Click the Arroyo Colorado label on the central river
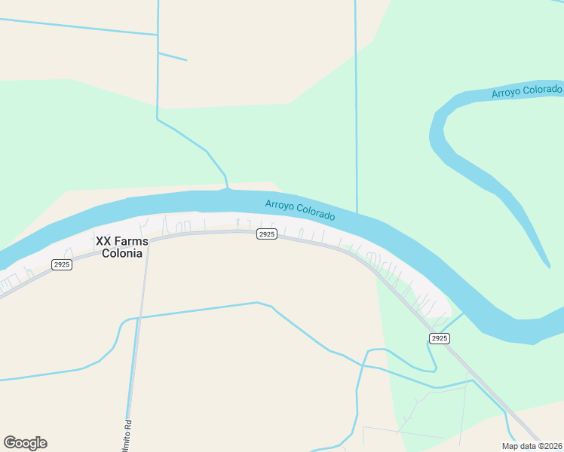click(300, 210)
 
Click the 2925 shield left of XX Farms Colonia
click(62, 264)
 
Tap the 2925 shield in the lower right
click(440, 338)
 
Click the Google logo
click(25, 443)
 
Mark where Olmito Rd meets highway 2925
click(148, 240)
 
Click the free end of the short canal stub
click(185, 60)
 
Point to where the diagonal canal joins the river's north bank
click(226, 189)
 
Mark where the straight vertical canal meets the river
click(357, 213)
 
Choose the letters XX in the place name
click(103, 241)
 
